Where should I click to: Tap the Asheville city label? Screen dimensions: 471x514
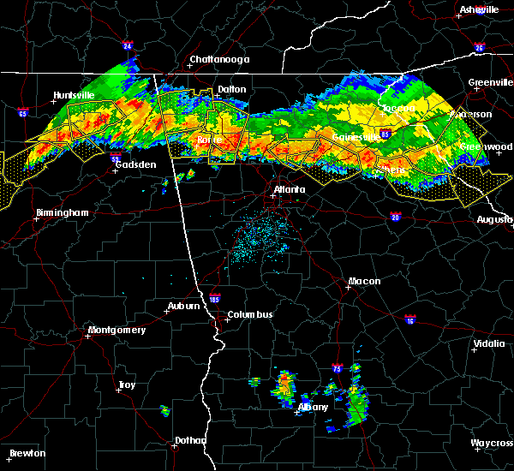coord(479,9)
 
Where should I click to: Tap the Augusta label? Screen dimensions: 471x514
coord(495,220)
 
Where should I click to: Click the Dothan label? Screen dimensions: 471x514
coord(190,441)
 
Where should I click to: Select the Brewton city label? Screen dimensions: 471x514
coord(27,453)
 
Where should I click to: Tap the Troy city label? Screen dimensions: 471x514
coord(126,385)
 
